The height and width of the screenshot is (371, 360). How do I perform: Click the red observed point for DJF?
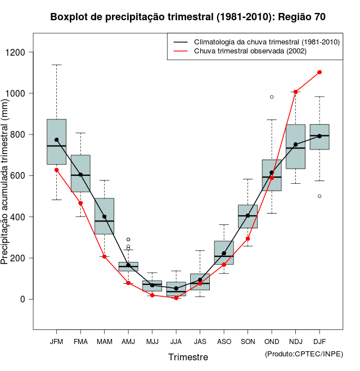319,72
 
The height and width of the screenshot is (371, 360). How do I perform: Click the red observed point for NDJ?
295,92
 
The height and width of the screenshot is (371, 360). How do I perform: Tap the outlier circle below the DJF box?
319,196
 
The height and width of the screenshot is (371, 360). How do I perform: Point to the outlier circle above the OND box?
272,97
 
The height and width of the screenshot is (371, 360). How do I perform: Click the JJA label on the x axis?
176,342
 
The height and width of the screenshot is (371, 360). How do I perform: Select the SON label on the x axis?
247,342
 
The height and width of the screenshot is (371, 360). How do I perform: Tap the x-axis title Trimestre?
188,357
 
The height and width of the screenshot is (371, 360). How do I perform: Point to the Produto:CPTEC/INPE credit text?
304,354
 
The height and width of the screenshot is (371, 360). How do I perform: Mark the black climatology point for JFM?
56,139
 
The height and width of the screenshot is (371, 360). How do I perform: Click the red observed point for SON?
247,238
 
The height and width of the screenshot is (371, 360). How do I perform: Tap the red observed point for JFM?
56,170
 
